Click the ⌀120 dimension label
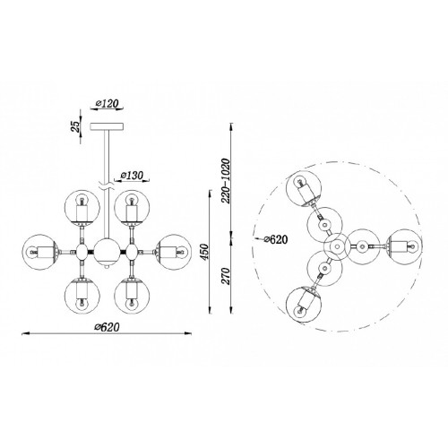click(107, 103)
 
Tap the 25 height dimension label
click(77, 126)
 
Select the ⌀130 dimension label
click(132, 175)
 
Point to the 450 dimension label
click(205, 252)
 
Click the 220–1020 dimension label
click(226, 181)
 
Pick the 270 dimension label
click(227, 276)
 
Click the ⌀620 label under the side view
click(107, 327)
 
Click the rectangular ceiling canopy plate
click(107, 126)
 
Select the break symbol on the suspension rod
click(107, 187)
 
